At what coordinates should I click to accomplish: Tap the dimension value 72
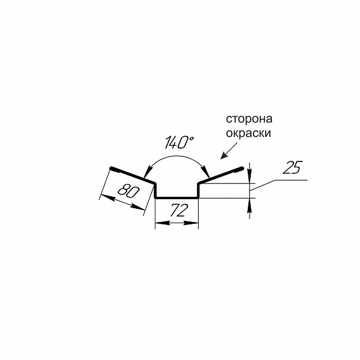pos(178,210)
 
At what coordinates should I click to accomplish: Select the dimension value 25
pos(292,167)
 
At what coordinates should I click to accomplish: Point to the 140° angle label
pos(179,142)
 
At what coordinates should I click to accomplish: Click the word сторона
pos(249,119)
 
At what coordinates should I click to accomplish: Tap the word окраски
pos(248,133)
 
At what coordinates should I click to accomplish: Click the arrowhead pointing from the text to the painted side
pos(223,155)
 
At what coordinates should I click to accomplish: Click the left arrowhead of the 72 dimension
pos(163,223)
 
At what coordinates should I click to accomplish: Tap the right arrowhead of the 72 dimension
pos(191,223)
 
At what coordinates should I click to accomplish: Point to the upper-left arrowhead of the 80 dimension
pos(107,197)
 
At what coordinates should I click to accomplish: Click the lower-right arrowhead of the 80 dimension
pos(138,207)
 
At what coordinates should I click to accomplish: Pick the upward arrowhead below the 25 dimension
pos(250,205)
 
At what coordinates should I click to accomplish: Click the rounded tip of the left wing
pos(112,168)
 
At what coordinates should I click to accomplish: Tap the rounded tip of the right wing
pos(242,168)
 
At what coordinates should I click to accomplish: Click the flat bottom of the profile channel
pos(177,197)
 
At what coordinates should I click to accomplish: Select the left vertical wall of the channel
pos(155,190)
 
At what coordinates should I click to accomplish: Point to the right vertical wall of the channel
pos(199,190)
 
